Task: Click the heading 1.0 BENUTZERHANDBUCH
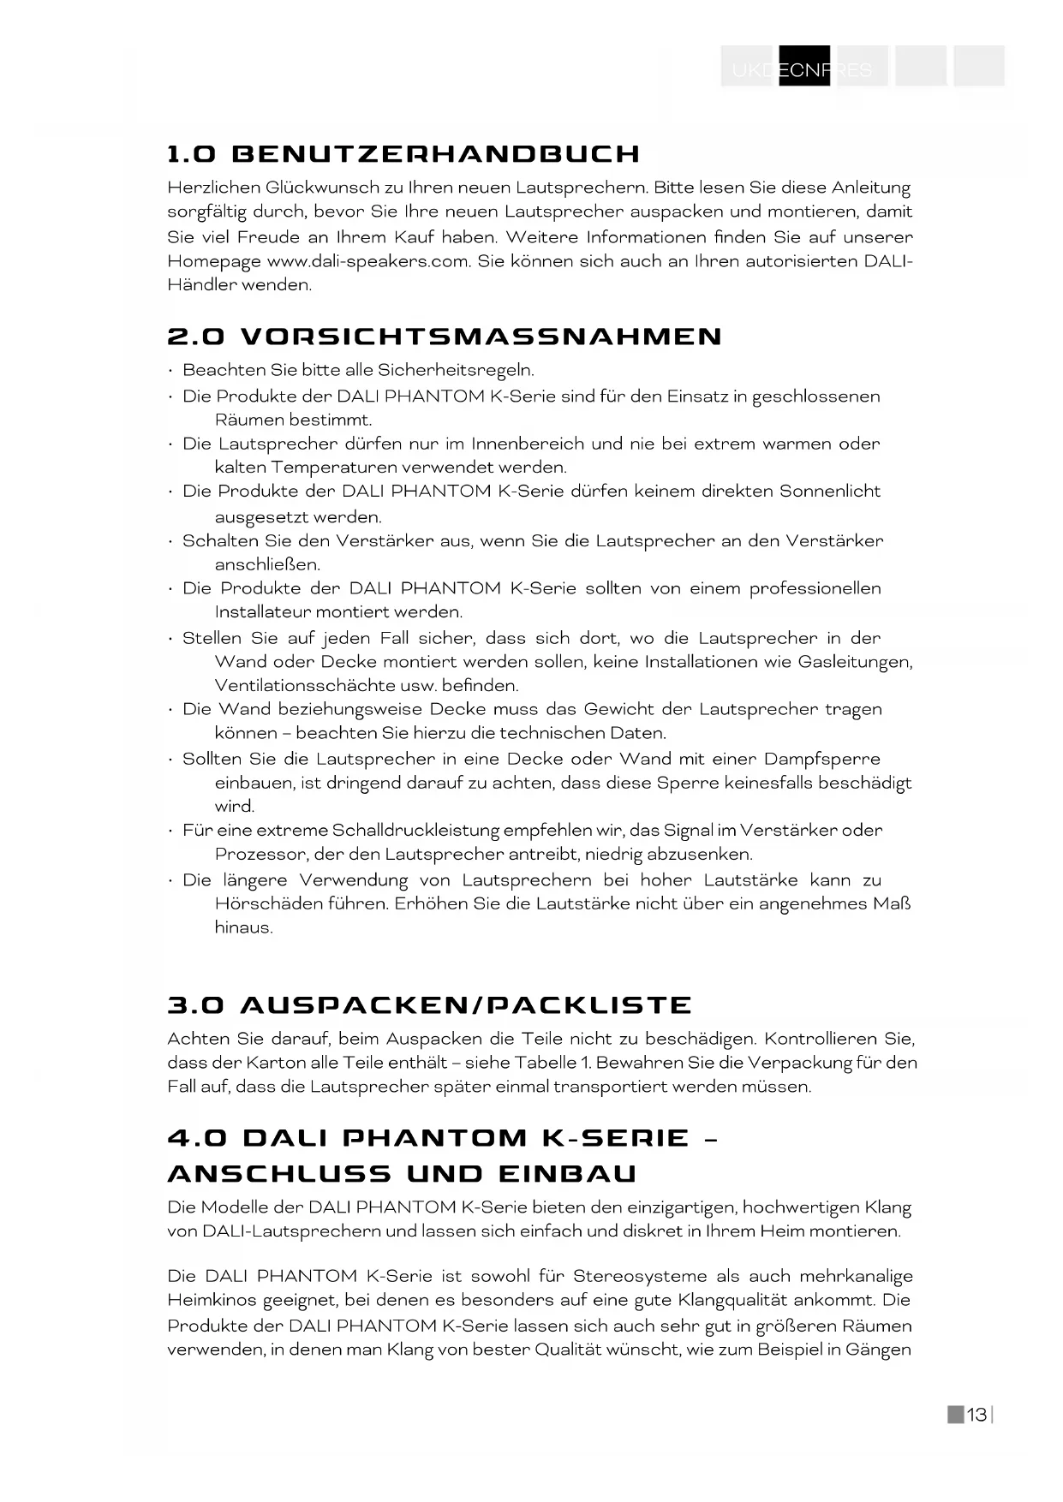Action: pos(403,154)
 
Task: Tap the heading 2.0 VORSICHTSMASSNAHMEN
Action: pos(445,337)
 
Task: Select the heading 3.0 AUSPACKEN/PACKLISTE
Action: pos(429,1005)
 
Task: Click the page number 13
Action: pos(976,1416)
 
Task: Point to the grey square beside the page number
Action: pos(955,1415)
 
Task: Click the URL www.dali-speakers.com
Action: pos(368,261)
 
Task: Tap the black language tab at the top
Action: pos(804,67)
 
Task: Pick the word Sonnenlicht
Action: pos(829,492)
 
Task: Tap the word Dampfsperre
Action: pos(821,759)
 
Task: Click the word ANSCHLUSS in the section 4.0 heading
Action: pos(279,1174)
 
